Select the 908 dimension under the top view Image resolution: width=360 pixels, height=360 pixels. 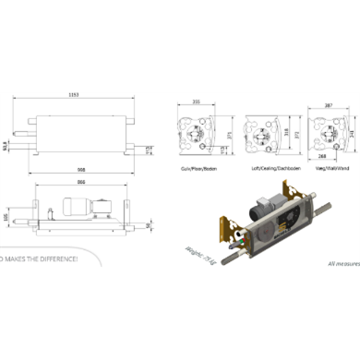(83, 169)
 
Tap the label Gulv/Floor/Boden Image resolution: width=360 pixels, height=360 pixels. (198, 172)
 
